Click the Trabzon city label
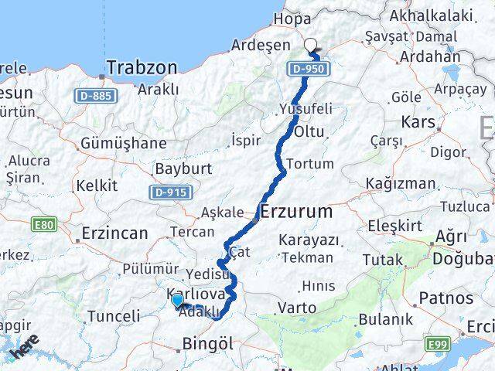click(142, 68)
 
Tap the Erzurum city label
click(298, 211)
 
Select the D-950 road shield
click(310, 70)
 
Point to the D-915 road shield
click(169, 192)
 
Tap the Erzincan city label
click(116, 232)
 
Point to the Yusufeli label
click(306, 108)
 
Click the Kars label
click(419, 122)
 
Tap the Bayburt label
click(179, 168)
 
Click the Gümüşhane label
click(123, 143)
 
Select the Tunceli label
click(113, 315)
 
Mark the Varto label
click(297, 308)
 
